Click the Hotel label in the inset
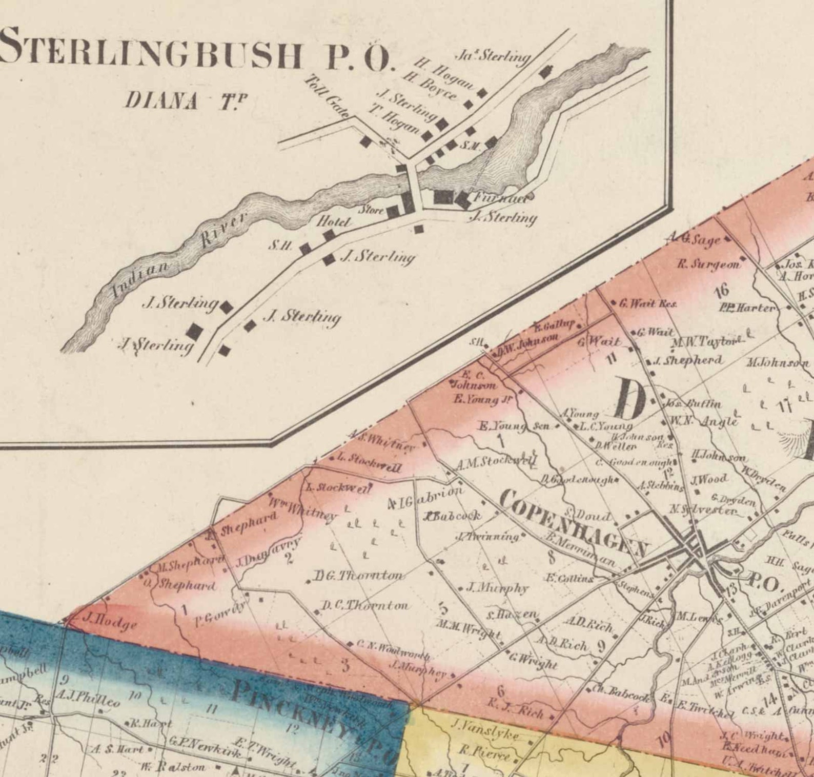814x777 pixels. coord(334,222)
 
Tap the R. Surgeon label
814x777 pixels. coord(709,264)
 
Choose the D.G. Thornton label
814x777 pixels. coord(358,576)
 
